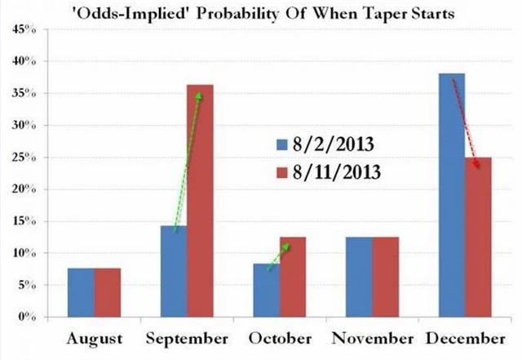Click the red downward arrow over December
[466, 122]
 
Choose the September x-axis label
[188, 338]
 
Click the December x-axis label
[467, 338]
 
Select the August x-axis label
[95, 338]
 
